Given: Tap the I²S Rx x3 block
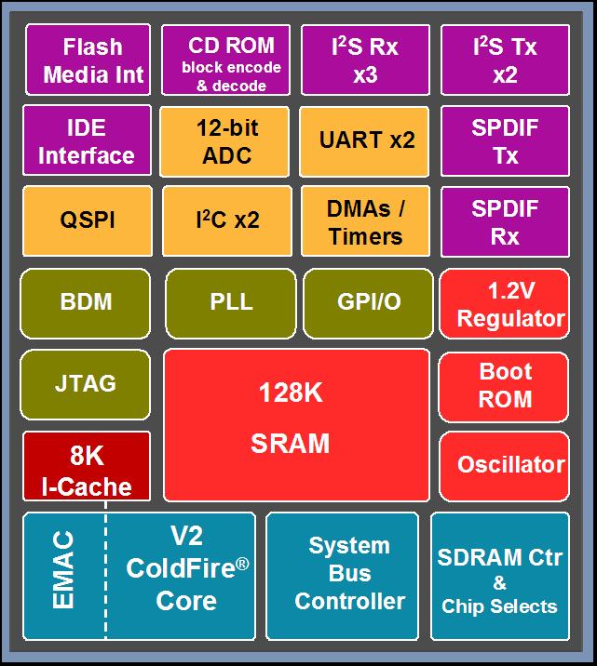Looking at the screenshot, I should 365,60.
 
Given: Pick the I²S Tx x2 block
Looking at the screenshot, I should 504,60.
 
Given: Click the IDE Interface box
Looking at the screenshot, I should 87,141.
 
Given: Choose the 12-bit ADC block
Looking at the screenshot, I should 226,141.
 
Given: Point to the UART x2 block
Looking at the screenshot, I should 366,141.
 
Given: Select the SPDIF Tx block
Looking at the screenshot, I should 504,141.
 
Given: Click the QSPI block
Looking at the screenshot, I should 87,221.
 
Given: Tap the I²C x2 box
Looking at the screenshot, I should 226,221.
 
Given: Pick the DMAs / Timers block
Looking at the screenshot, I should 366,221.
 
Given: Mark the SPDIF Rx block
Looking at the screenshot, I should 504,221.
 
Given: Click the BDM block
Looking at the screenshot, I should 87,302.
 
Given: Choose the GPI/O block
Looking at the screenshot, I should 368,302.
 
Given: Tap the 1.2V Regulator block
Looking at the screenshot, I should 504,304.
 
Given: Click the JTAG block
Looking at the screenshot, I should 87,383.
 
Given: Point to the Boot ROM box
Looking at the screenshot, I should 504,385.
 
